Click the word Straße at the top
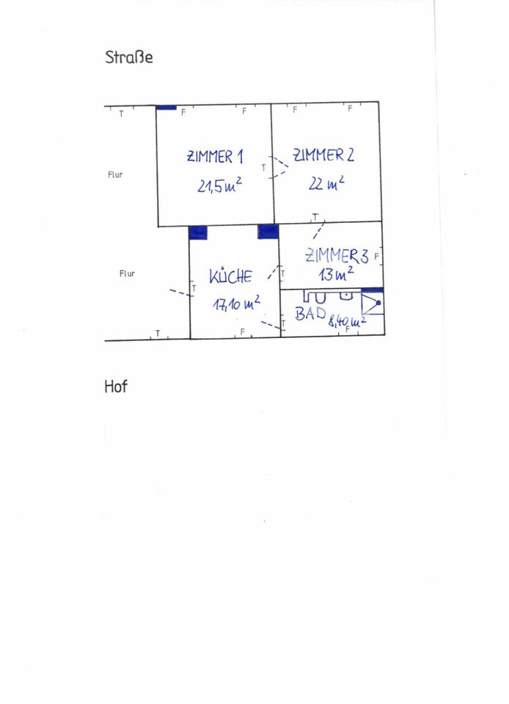click(x=129, y=56)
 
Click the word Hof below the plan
click(x=116, y=386)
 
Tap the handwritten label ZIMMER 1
click(x=215, y=156)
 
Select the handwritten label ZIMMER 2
click(x=323, y=155)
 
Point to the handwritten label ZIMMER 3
click(x=337, y=256)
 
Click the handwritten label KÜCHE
click(x=230, y=276)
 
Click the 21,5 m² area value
click(x=219, y=186)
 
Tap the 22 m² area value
click(x=326, y=183)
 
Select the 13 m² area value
click(x=336, y=275)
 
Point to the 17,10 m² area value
click(x=236, y=303)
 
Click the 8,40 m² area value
click(x=348, y=320)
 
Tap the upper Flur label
click(x=115, y=175)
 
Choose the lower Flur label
click(x=128, y=274)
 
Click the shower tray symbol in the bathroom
click(x=372, y=304)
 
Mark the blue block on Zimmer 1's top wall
click(x=166, y=108)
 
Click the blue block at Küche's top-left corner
click(x=198, y=232)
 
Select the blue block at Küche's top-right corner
click(x=268, y=232)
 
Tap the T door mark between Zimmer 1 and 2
click(x=263, y=168)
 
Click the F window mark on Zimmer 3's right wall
click(x=376, y=257)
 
